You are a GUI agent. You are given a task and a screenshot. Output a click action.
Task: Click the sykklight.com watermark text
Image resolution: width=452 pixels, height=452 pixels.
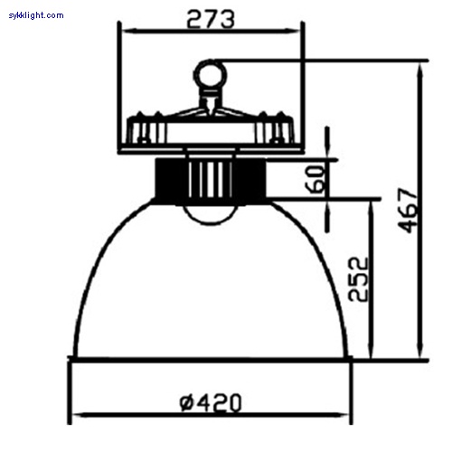point(36,15)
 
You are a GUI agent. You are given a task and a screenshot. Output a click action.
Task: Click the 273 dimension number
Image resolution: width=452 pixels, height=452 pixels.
point(211,19)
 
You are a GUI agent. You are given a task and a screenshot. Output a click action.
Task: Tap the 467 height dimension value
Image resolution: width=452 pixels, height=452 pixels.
point(409,211)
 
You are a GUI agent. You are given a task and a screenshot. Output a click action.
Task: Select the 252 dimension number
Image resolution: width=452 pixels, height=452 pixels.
point(358,279)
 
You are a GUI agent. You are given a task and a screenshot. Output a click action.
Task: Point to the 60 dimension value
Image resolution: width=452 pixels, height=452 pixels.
point(315,179)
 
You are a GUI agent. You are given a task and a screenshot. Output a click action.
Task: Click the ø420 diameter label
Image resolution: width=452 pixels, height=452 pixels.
point(211,402)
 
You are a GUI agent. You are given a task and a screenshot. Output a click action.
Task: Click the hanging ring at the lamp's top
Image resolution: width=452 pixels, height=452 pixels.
point(210,75)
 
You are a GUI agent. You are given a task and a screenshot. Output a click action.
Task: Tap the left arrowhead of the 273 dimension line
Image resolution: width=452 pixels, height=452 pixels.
point(128,31)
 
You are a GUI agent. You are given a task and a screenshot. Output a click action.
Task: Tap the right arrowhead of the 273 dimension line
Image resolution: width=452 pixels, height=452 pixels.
point(294,31)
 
